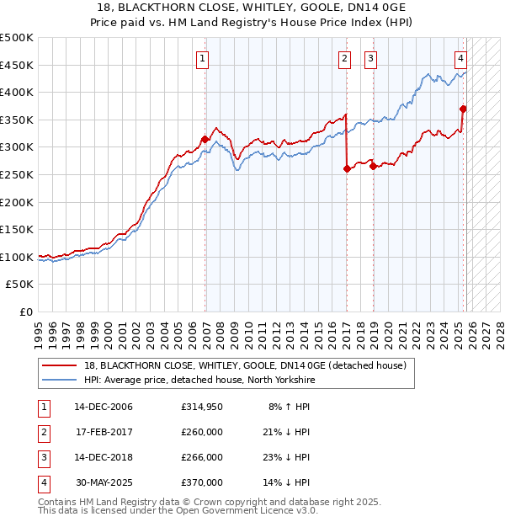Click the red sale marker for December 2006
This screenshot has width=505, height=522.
click(x=205, y=140)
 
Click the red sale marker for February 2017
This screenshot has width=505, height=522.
click(x=347, y=169)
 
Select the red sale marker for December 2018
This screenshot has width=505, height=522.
click(x=373, y=166)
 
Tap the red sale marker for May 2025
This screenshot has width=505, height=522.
click(x=463, y=109)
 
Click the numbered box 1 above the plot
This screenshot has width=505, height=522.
click(x=205, y=58)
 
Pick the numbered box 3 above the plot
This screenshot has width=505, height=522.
click(x=371, y=58)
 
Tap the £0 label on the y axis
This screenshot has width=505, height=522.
click(x=26, y=312)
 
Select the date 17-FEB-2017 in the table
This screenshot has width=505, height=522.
click(x=104, y=432)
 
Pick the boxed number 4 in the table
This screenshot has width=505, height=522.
click(x=43, y=482)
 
